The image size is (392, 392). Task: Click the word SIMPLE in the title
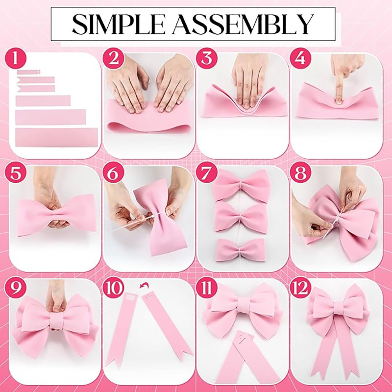119,24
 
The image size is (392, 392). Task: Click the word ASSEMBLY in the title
243,24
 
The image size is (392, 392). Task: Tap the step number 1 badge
16,58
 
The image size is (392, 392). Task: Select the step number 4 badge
300,58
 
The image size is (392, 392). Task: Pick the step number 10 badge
113,288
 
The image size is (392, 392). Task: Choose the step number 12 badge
300,288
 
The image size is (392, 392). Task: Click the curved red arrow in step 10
144,285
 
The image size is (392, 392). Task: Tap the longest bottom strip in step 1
56,137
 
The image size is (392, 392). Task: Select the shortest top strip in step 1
28,72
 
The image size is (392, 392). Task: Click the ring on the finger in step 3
254,85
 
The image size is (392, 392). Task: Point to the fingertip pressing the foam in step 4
339,100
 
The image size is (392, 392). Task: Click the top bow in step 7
241,185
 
